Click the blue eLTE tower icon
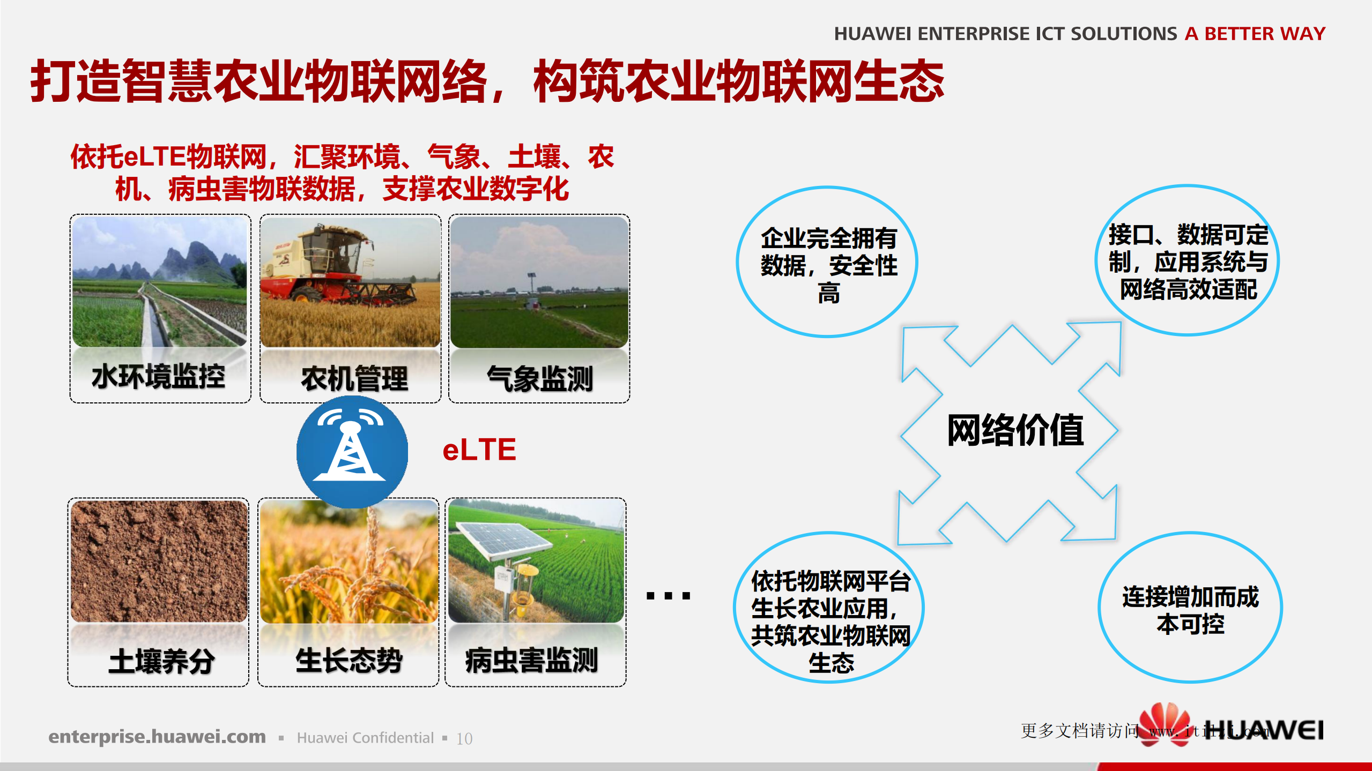352,451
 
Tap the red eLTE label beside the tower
479,450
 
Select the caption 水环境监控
159,376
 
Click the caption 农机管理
354,379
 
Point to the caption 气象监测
539,379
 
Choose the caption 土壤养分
161,661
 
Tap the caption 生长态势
349,660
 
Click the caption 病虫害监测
531,660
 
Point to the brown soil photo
159,560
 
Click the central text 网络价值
1015,430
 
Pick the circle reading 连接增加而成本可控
1190,608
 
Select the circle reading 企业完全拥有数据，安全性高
828,263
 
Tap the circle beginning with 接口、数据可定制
1188,261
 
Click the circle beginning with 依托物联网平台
830,608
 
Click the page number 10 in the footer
464,739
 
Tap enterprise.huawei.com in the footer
157,737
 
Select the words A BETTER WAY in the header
1255,34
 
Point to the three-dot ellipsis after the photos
668,595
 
